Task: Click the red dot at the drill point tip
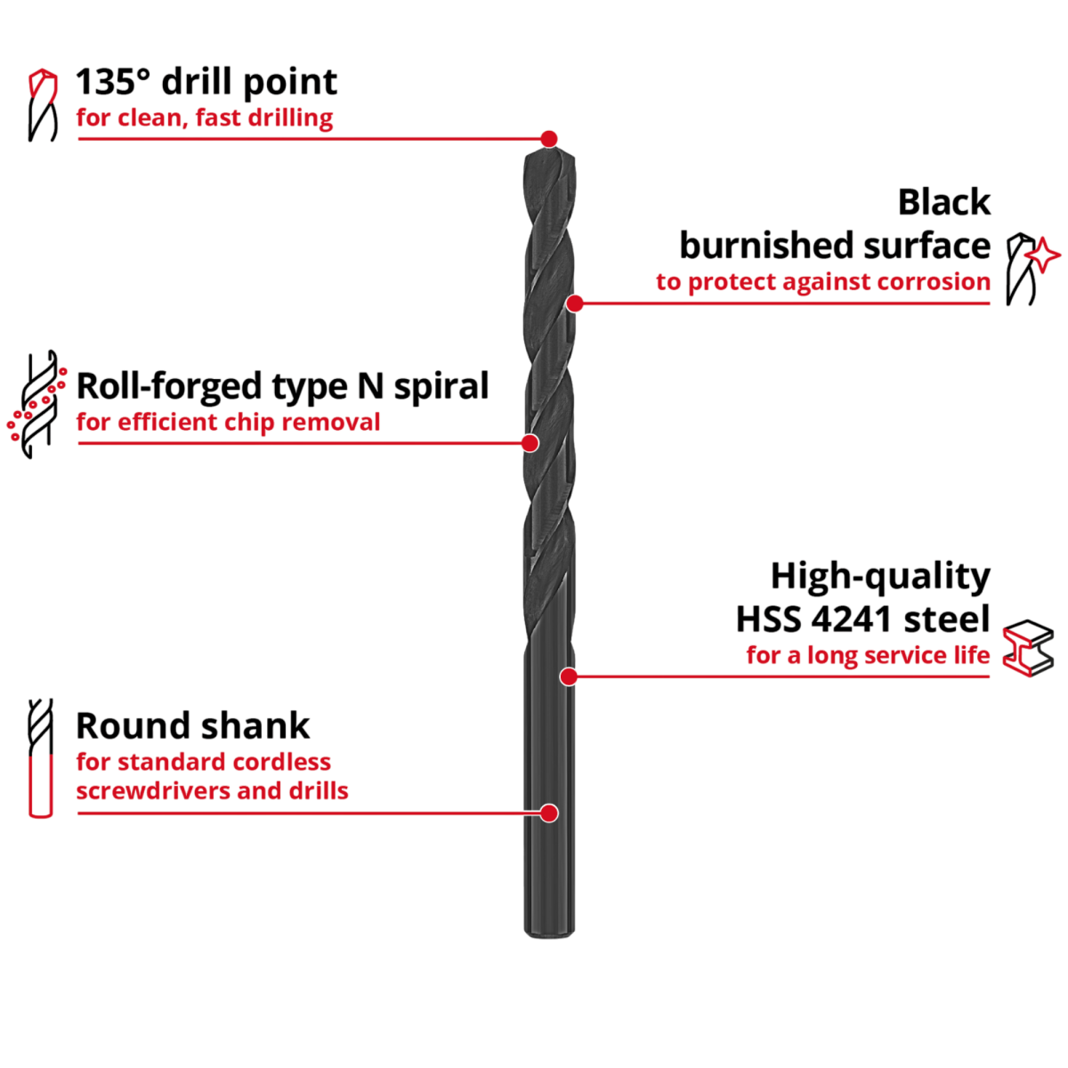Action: tap(549, 139)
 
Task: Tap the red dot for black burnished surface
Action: tap(575, 303)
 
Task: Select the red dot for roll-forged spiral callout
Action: tap(530, 442)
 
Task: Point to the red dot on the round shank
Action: tap(549, 813)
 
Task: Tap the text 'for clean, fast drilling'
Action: tap(205, 117)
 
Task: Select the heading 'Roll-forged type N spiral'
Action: tap(282, 387)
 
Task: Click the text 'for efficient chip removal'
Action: tap(228, 422)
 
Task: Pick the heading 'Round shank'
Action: tap(193, 726)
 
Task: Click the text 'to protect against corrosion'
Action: tap(823, 282)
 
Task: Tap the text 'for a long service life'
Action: tap(868, 657)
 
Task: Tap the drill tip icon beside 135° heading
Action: tap(41, 105)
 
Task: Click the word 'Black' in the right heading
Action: tap(944, 203)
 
